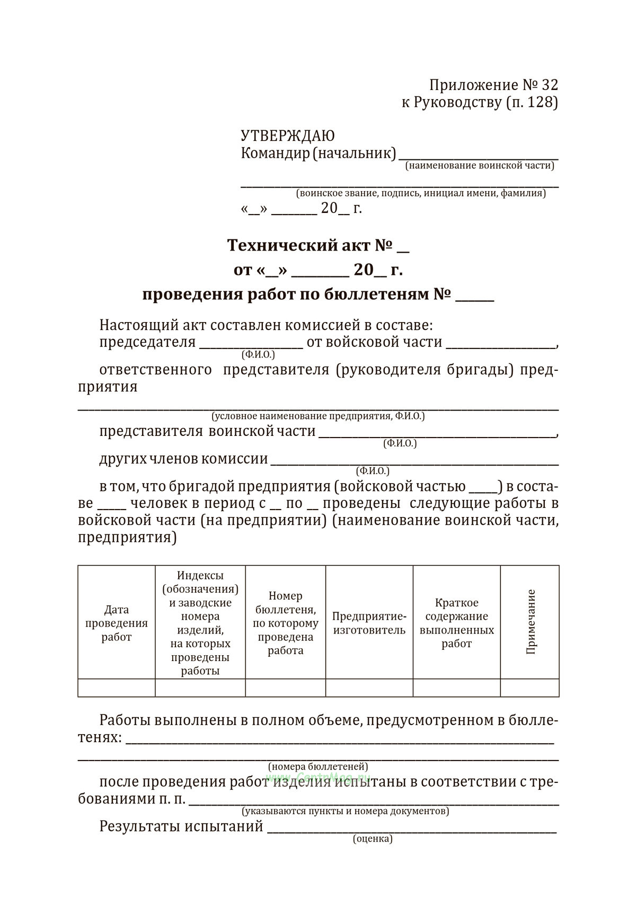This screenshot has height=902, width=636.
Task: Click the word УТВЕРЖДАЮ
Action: [x=287, y=136]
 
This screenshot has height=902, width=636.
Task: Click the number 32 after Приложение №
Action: [x=550, y=85]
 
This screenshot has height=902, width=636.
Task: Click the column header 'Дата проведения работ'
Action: [x=117, y=623]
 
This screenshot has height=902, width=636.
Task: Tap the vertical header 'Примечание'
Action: [x=531, y=622]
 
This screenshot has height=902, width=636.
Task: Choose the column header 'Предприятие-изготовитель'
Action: [x=369, y=623]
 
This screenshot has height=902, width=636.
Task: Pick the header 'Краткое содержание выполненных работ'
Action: [x=456, y=623]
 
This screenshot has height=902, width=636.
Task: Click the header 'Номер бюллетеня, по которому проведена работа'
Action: [x=285, y=623]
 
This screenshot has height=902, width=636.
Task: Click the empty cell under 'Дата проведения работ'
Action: [x=117, y=687]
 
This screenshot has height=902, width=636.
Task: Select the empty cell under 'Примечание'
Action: [x=529, y=687]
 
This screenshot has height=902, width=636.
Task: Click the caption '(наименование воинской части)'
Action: [x=480, y=166]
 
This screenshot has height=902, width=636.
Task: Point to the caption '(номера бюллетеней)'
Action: [x=318, y=766]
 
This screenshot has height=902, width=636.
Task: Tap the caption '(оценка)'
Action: [x=373, y=839]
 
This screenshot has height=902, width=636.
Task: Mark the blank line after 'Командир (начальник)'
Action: [x=478, y=156]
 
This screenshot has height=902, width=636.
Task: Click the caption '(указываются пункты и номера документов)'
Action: [x=346, y=811]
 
